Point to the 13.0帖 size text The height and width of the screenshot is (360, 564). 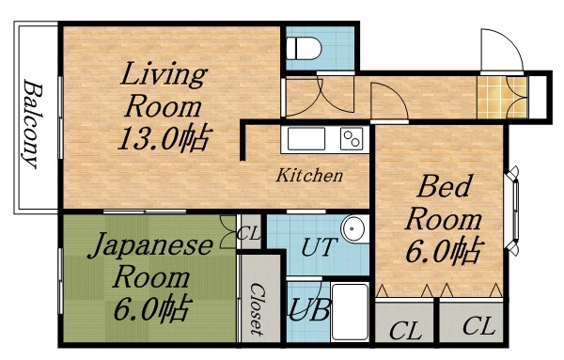162,138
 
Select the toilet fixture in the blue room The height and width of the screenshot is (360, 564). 303,48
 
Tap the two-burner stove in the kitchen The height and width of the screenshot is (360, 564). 352,139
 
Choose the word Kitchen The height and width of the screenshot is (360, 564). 308,176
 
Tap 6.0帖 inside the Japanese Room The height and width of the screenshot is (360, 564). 150,307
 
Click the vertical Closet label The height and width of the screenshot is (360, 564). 254,309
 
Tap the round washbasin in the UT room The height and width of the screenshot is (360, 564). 353,228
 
